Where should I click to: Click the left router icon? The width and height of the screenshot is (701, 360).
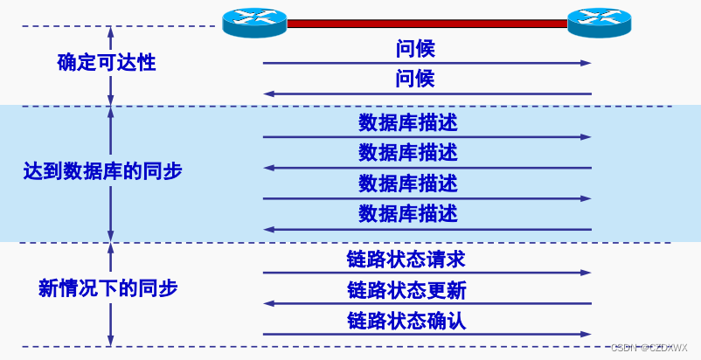(x=254, y=21)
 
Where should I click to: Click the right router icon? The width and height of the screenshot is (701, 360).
(x=599, y=21)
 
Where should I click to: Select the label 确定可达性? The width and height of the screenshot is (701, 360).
(x=107, y=62)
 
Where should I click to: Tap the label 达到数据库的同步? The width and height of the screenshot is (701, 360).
(x=102, y=171)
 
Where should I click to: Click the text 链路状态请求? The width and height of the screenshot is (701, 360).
(x=406, y=259)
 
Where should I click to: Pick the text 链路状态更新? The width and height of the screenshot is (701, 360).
(x=406, y=289)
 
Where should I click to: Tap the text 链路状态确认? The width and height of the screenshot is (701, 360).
(x=406, y=320)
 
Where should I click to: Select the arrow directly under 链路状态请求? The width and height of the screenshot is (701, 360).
(x=427, y=273)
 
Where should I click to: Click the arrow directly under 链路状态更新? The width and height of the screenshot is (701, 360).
(x=427, y=303)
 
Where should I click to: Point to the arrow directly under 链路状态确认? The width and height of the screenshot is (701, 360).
(x=427, y=334)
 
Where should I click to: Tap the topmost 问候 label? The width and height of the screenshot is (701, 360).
(x=415, y=49)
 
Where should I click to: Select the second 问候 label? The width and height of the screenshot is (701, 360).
(x=415, y=80)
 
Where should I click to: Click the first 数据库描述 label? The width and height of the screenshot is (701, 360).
(x=407, y=122)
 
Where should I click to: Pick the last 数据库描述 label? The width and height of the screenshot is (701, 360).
(x=407, y=213)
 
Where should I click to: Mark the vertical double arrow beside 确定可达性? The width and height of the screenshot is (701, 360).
(x=110, y=66)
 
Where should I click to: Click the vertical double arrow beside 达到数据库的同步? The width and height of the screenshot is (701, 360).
(x=110, y=175)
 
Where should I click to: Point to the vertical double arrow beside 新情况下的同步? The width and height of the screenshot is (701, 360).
(x=110, y=294)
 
